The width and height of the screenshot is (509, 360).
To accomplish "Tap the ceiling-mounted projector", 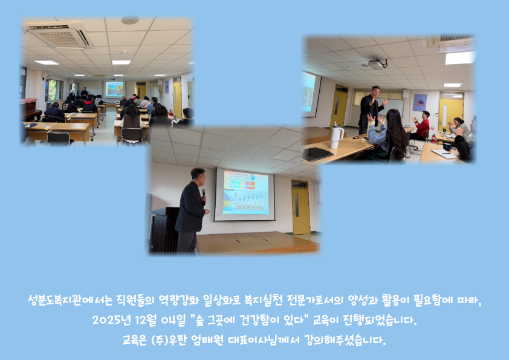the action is click(x=377, y=64).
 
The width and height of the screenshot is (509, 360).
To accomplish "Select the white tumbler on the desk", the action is click(x=336, y=135).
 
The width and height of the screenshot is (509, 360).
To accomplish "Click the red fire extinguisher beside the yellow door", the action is click(x=433, y=139).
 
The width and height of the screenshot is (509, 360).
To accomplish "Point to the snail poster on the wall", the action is click(x=420, y=103).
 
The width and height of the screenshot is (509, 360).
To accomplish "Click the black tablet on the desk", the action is click(x=317, y=154).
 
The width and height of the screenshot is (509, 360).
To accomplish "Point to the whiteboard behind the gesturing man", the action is click(x=394, y=108).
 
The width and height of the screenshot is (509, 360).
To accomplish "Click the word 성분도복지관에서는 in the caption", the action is click(x=70, y=299).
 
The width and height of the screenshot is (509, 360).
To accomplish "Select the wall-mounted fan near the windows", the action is click(x=47, y=76).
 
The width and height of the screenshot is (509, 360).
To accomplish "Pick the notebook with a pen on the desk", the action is click(x=445, y=154).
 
